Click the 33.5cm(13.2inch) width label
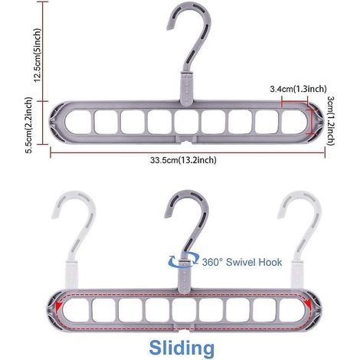click(183, 160)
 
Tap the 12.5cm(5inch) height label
click(38, 55)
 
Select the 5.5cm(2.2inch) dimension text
click(29, 125)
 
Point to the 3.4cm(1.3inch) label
click(298, 89)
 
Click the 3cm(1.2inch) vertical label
click(331, 121)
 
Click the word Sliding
click(182, 348)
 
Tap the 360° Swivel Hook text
click(242, 262)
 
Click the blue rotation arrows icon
click(183, 259)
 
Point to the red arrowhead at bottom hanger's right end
click(308, 303)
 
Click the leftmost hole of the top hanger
click(78, 122)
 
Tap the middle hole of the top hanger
click(187, 122)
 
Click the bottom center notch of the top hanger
click(187, 141)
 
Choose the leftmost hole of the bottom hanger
click(76, 310)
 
